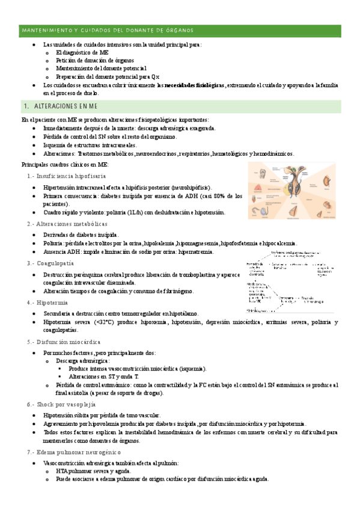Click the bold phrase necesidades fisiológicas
tap(195, 85)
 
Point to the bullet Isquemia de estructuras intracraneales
tap(90, 145)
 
